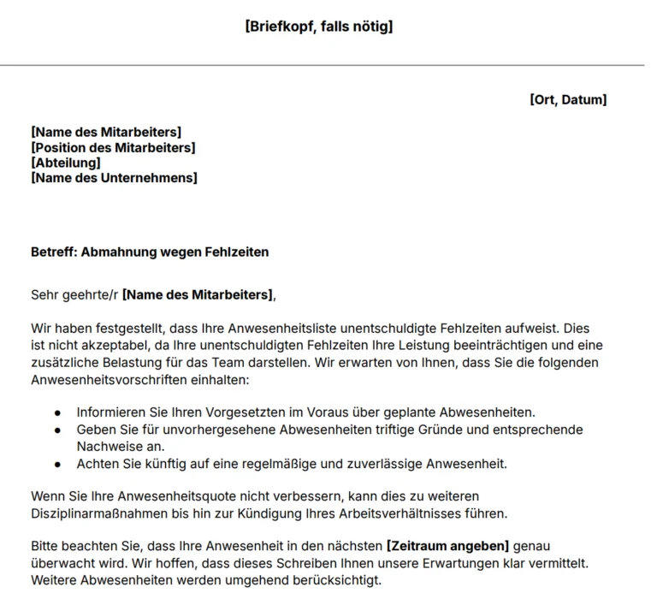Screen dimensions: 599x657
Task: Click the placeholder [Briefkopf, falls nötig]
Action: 319,27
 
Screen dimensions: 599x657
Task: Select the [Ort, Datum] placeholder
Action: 568,100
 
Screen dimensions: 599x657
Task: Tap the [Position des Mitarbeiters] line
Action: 113,147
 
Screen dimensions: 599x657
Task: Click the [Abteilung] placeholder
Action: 66,163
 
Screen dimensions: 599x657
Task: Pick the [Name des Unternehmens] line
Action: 114,178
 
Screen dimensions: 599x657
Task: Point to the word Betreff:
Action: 53,252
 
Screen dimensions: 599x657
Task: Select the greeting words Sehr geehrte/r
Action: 74,295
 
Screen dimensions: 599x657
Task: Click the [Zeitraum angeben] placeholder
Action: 448,545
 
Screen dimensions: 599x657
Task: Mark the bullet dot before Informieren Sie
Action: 57,412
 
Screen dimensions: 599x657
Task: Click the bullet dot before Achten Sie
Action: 57,465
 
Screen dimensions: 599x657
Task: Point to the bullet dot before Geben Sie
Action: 57,430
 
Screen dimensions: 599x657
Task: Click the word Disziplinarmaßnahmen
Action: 102,513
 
